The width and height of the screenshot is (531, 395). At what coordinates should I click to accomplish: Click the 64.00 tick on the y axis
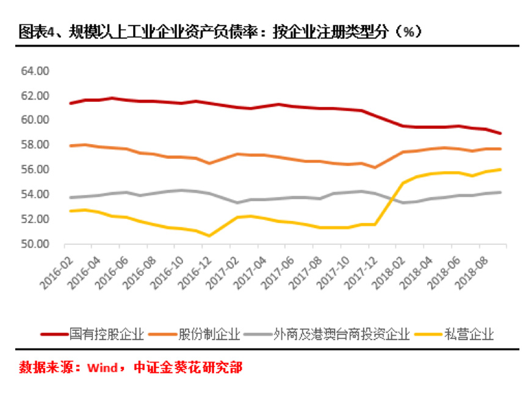(x=34, y=71)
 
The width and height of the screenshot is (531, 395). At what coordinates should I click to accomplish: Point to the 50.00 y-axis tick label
(x=34, y=244)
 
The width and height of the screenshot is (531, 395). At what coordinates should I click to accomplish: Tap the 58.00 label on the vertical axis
(x=34, y=145)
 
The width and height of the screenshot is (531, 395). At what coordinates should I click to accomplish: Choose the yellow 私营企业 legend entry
(x=469, y=334)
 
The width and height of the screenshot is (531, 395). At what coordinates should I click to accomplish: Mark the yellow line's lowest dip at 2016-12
(x=209, y=236)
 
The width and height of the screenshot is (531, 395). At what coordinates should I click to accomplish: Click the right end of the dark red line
(x=500, y=133)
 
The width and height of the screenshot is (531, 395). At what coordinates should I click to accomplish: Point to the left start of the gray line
(x=71, y=197)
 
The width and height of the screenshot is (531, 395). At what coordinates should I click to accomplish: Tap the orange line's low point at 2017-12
(x=374, y=167)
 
